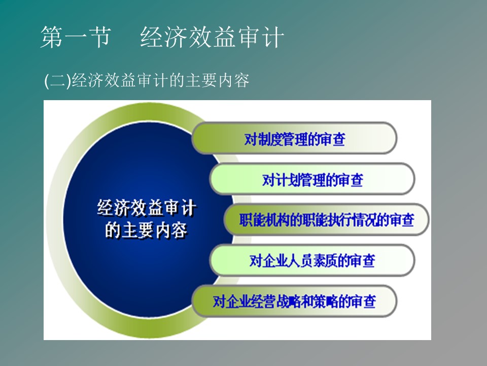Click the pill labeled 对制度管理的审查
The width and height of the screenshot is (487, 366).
point(294,138)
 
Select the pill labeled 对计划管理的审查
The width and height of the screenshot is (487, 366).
point(312,179)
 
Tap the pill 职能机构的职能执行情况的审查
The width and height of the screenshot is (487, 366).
point(326,220)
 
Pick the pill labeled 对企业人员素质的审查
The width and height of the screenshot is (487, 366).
point(312,260)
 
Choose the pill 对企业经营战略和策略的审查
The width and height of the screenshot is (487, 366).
point(294,301)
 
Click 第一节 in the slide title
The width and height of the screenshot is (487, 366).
point(76,37)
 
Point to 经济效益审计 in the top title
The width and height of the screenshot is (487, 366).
point(212,37)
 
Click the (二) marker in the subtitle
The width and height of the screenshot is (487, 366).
point(58,81)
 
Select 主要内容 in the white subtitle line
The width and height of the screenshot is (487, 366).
point(218,81)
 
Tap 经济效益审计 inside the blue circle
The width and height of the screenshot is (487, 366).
point(147,207)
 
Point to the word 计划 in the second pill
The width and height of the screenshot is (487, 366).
point(282,180)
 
